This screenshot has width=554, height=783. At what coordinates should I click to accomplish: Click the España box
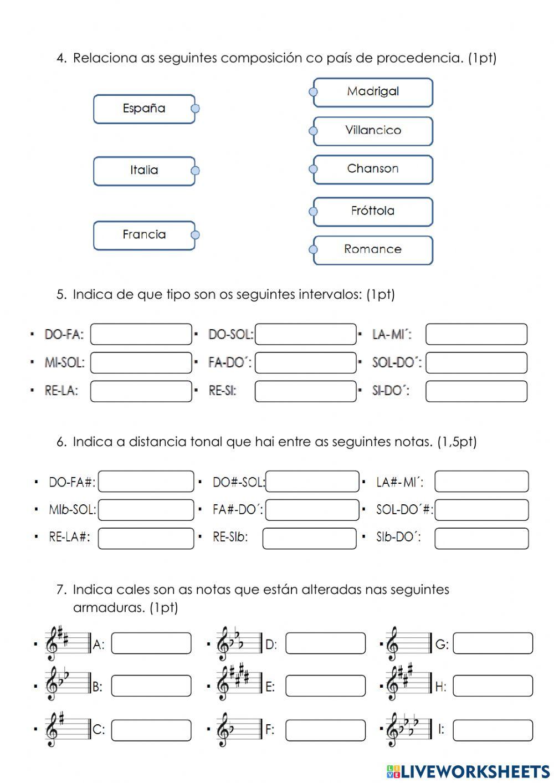144,109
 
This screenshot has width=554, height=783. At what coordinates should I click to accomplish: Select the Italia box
144,171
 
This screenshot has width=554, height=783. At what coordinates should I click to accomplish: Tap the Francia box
144,235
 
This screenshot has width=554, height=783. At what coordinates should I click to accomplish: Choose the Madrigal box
373,92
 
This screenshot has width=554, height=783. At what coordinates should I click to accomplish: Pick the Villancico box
373,131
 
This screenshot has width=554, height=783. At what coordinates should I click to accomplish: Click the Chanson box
373,169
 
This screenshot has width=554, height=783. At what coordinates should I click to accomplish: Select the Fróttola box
373,211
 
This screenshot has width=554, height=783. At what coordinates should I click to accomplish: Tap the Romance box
373,250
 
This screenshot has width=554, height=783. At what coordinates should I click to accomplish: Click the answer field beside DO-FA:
141,334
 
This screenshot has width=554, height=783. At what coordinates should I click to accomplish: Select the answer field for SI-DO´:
476,391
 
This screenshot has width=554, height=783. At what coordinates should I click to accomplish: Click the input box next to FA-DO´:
306,363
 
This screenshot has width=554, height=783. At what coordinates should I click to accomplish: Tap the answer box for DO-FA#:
146,482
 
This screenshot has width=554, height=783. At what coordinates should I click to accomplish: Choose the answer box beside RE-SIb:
309,538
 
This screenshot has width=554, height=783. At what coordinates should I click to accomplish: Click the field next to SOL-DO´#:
481,510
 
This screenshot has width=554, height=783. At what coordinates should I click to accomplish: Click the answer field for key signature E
326,686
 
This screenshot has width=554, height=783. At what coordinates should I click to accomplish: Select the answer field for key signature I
493,730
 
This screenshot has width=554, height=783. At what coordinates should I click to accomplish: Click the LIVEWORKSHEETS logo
468,771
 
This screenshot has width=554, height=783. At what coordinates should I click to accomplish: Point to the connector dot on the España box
195,109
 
